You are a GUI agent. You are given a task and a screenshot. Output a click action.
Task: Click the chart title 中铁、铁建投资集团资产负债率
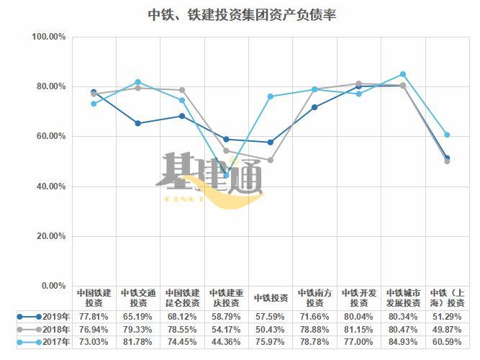pos(241,14)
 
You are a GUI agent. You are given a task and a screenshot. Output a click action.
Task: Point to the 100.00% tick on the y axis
pos(50,37)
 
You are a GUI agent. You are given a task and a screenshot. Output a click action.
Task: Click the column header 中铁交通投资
pos(137,298)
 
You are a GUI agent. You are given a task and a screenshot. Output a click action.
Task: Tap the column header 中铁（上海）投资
pos(447,298)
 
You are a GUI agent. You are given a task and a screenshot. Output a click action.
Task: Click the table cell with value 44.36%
pos(226,342)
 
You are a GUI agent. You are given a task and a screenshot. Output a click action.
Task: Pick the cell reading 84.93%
pos(402,342)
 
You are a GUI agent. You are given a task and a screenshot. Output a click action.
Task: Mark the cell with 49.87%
pos(447,329)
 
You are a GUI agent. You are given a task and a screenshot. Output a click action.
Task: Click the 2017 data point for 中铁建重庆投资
pos(226,175)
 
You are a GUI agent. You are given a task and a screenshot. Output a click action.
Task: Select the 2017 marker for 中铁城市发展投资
pos(403,74)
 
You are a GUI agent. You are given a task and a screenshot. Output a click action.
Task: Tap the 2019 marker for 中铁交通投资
pos(137,123)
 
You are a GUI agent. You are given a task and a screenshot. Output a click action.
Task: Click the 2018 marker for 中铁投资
pos(270,160)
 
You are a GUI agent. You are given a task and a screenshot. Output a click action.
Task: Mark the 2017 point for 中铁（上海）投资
pos(447,135)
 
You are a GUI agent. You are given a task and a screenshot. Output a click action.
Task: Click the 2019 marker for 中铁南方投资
pos(314,107)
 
